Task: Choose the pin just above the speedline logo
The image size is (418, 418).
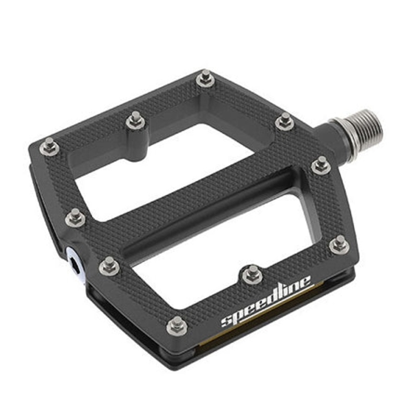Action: point(252,272)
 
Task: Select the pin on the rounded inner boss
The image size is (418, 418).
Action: point(136,121)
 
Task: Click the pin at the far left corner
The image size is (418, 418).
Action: point(49,146)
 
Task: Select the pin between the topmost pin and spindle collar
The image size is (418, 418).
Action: point(285,121)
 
